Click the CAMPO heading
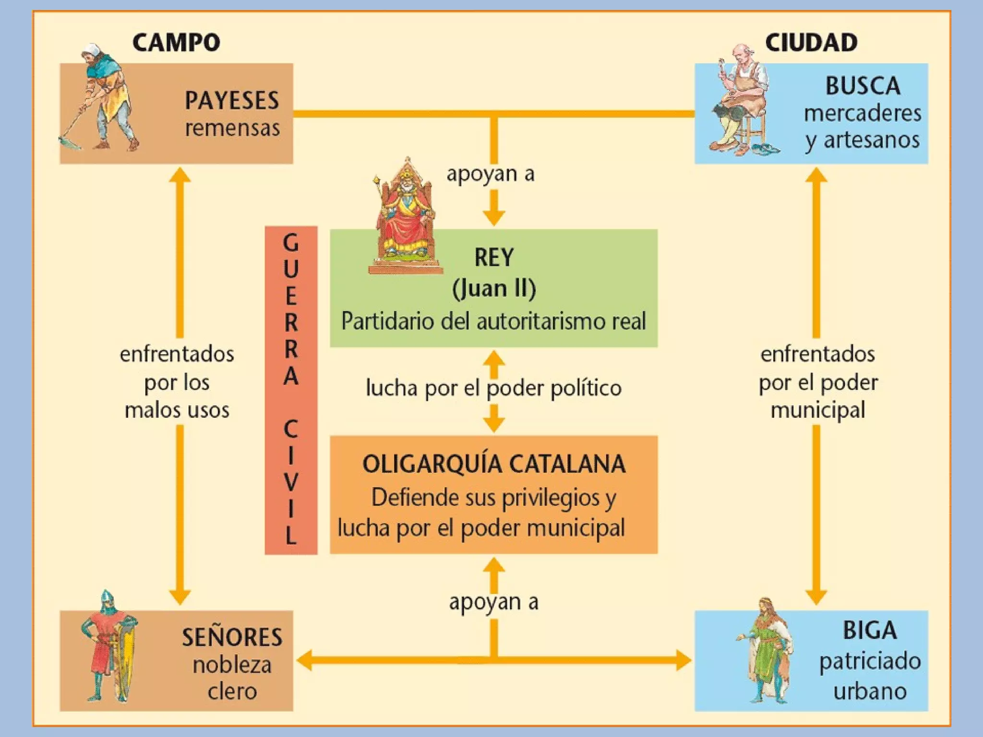click(176, 42)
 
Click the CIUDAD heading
click(811, 42)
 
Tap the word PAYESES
click(232, 101)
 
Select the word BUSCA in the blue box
click(863, 86)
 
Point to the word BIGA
click(870, 630)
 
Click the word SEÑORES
click(232, 637)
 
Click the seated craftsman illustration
click(739, 103)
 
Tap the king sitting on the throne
click(406, 216)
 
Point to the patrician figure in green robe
click(766, 650)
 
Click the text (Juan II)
click(494, 288)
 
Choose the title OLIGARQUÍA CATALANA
click(494, 464)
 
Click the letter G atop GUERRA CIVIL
click(291, 242)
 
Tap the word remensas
click(232, 128)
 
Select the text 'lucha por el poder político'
click(494, 388)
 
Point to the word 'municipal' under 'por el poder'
click(818, 410)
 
